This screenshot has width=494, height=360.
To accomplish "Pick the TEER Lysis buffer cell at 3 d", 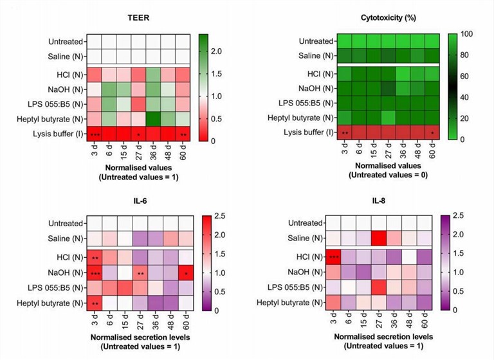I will (95, 134).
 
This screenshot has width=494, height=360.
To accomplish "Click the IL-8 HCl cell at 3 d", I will (333, 258).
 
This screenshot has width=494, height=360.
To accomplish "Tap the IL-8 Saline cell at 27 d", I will (378, 239).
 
